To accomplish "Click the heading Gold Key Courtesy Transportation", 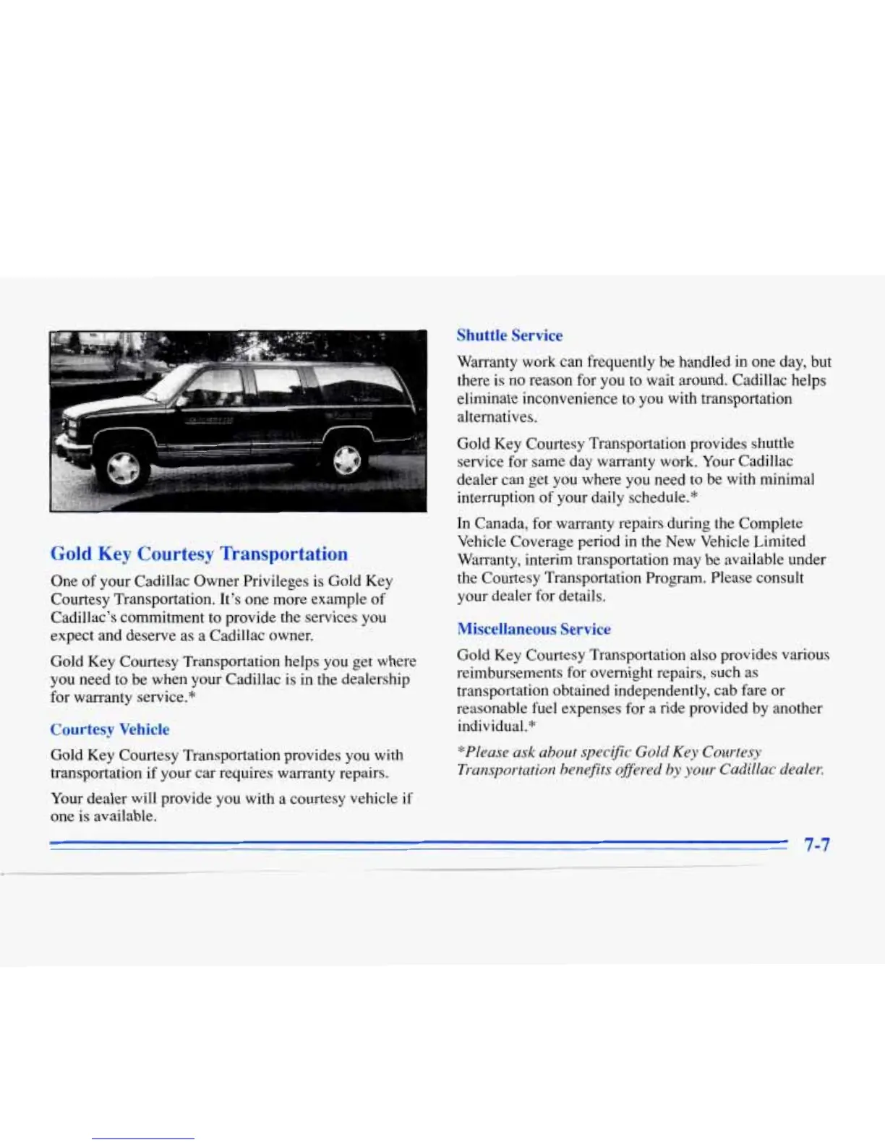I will pyautogui.click(x=199, y=554).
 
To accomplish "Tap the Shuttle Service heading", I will pyautogui.click(x=509, y=335).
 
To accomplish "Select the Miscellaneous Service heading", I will pyautogui.click(x=534, y=629).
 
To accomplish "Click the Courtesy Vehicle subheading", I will pyautogui.click(x=110, y=729).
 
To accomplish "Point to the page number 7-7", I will pyautogui.click(x=817, y=844).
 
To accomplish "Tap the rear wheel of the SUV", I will pyautogui.click(x=346, y=458).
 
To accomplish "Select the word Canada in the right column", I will pyautogui.click(x=500, y=523).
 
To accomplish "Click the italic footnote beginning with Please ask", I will pyautogui.click(x=640, y=761).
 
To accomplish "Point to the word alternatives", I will pyautogui.click(x=496, y=417).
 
